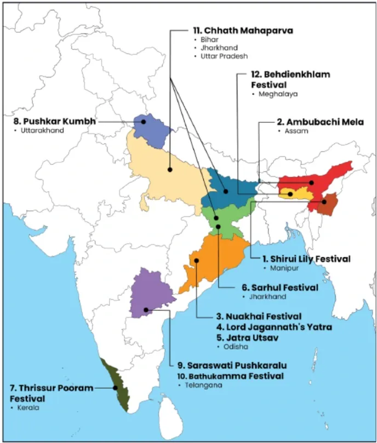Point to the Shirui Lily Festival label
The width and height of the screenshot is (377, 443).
306,259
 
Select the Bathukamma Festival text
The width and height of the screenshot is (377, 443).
230,376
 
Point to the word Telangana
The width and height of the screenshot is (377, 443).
199,386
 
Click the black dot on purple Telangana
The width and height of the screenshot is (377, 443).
146,310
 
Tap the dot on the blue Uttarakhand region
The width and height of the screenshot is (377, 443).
144,121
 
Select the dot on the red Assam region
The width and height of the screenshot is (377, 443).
311,182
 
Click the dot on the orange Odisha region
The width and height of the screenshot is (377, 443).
196,260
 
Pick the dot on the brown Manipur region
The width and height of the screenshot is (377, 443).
323,201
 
